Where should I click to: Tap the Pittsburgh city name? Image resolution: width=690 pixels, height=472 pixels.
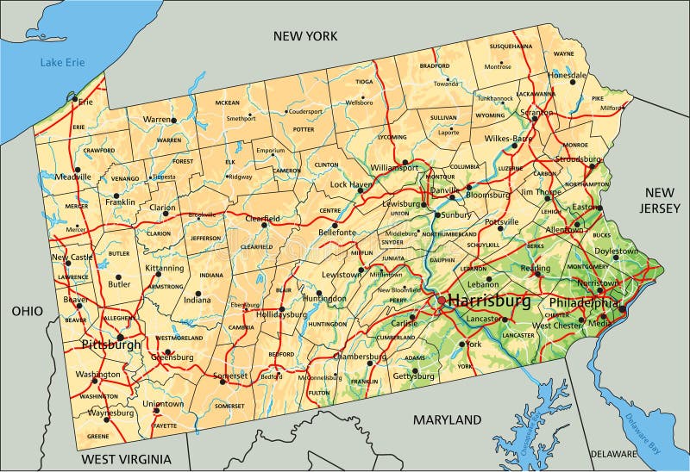click(110, 345)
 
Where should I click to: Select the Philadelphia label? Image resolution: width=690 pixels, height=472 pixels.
click(584, 303)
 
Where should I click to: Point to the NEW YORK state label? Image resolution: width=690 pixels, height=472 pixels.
click(304, 35)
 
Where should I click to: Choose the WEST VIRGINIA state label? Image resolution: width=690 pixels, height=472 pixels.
click(126, 460)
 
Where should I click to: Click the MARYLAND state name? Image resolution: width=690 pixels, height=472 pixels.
click(446, 420)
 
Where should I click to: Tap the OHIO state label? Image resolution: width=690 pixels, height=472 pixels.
click(28, 310)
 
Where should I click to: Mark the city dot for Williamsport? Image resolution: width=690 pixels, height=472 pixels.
click(405, 161)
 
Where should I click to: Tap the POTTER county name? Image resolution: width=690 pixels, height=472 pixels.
click(304, 129)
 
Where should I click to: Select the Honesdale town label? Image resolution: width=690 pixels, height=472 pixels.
click(567, 75)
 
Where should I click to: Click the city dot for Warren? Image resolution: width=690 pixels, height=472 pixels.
click(173, 121)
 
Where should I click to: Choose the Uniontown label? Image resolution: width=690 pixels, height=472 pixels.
click(163, 403)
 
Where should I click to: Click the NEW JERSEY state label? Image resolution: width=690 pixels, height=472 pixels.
click(662, 200)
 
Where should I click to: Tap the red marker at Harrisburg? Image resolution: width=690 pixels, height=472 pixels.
click(441, 301)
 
